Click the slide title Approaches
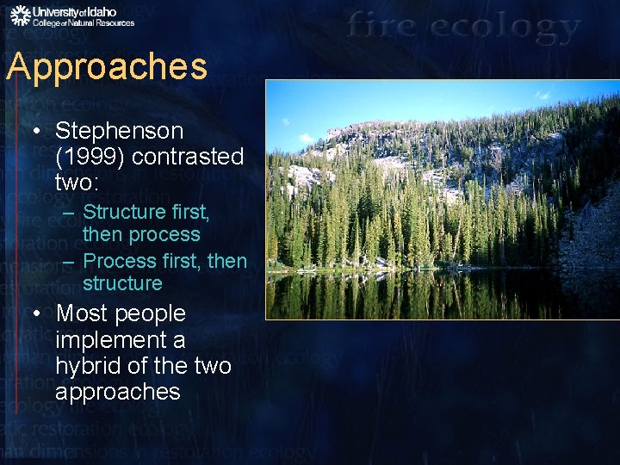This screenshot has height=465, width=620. coord(107,67)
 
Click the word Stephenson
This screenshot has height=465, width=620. coord(119,131)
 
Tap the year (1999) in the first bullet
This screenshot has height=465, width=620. coord(84,158)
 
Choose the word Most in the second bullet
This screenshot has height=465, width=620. coord(82,313)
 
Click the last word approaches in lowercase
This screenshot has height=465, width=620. coord(117,392)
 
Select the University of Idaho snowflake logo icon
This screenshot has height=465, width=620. coord(20,15)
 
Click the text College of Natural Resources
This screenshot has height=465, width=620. coord(84,23)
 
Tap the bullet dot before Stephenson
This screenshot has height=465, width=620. coord(37,132)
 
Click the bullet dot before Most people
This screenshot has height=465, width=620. coord(37,314)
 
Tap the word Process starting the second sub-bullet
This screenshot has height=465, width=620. coord(121,260)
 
